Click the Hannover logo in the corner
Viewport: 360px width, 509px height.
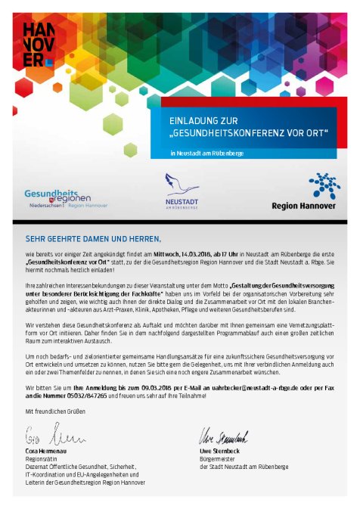[x=38, y=44]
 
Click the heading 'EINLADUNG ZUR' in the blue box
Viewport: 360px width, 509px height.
[x=197, y=121]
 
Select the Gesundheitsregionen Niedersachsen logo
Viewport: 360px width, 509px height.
[x=66, y=198]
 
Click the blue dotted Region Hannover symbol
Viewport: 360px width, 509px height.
[x=324, y=186]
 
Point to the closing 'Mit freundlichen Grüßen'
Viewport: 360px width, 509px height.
[x=56, y=411]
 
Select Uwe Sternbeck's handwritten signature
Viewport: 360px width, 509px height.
[x=222, y=436]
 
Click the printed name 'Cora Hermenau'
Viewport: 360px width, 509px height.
[x=47, y=452]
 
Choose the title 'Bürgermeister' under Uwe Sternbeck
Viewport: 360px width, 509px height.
[x=217, y=459]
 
